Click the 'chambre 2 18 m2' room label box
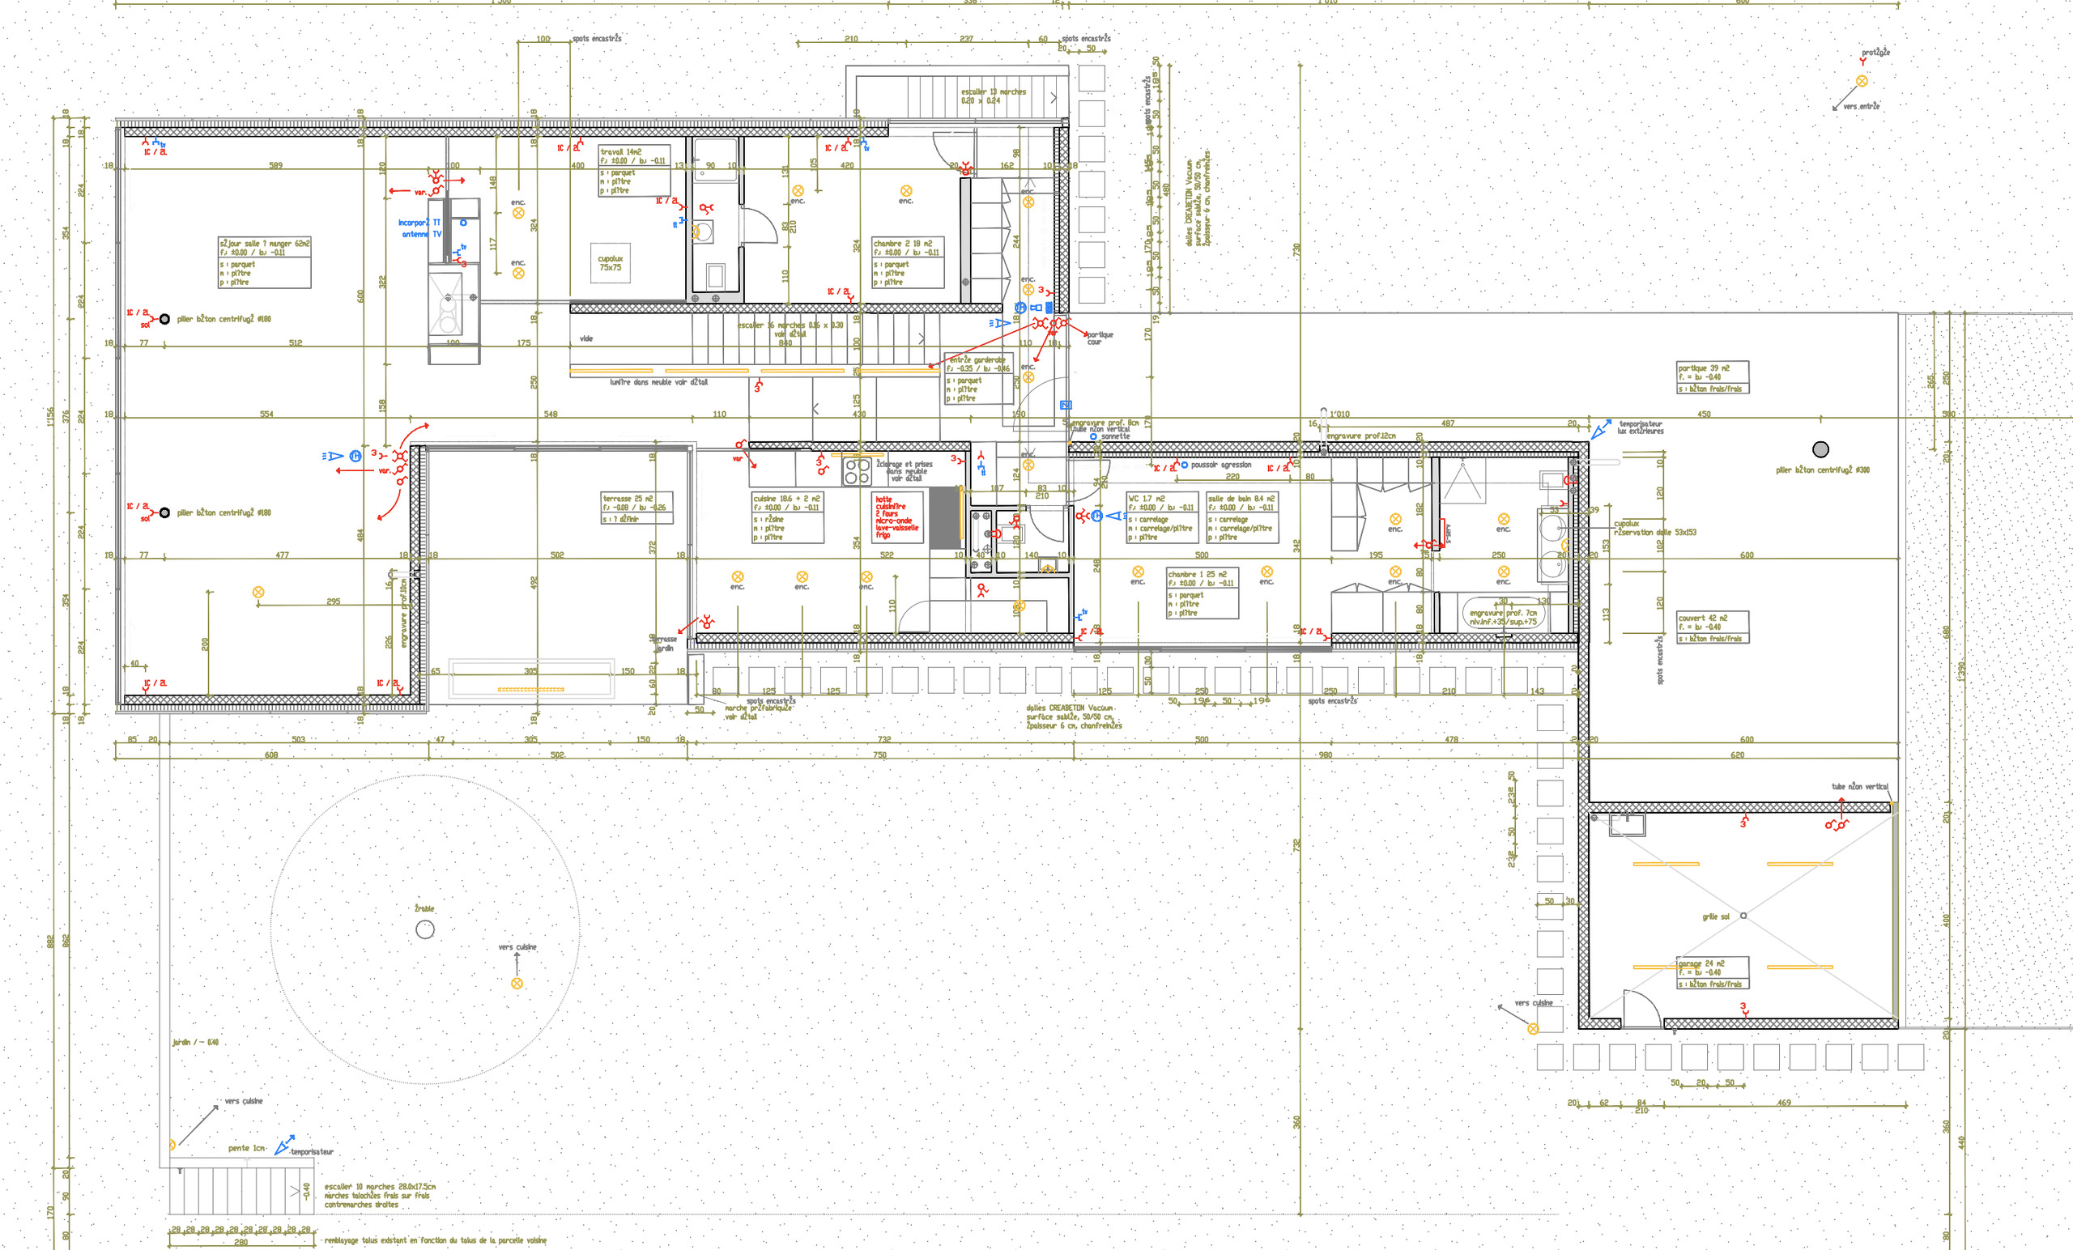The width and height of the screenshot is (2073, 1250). point(908,262)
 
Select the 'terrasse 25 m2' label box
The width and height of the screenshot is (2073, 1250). point(636,509)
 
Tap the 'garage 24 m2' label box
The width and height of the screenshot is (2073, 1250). point(1713,973)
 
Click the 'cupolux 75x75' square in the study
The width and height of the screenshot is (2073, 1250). point(611,263)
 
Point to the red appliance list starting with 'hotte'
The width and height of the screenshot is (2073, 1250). point(897,517)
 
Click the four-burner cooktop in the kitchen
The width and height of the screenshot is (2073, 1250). point(858,472)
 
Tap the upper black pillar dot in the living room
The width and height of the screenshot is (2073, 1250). point(165,319)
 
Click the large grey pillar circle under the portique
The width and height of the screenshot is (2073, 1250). point(1820,449)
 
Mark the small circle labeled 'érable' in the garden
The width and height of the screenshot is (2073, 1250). point(426,929)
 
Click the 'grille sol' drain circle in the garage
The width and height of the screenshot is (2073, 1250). point(1743,915)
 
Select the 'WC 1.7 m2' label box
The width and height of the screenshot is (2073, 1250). point(1162,517)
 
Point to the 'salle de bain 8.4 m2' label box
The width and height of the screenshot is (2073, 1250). point(1243,517)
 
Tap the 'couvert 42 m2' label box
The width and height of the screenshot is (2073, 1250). point(1713,627)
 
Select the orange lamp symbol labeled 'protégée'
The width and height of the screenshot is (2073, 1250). point(1862,82)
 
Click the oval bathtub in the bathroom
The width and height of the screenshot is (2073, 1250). point(1503,613)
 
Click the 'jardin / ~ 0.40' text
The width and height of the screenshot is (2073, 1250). point(195,1042)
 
